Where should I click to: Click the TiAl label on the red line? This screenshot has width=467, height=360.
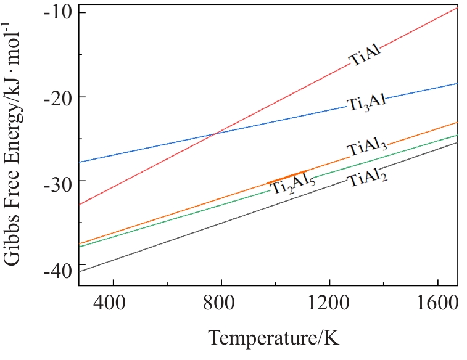[365, 55]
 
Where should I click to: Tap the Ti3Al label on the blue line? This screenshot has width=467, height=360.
[366, 103]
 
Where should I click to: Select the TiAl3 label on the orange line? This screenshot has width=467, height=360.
[366, 149]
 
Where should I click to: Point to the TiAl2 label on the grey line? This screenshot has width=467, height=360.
[367, 179]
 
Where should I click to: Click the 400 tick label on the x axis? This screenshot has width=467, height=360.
[113, 301]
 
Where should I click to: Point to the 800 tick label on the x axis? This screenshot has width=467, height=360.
[221, 301]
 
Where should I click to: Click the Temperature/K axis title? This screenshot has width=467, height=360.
[273, 338]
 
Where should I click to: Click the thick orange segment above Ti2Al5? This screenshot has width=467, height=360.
[287, 176]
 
